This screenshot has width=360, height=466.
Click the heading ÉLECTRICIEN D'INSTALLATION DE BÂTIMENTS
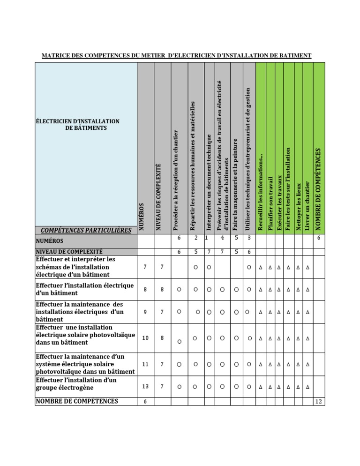pyautogui.click(x=78, y=124)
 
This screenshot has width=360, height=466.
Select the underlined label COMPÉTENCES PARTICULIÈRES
pyautogui.click(x=86, y=230)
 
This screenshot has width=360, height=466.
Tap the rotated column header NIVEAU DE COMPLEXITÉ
pyautogui.click(x=158, y=197)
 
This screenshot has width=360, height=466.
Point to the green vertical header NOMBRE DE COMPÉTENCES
pyautogui.click(x=318, y=189)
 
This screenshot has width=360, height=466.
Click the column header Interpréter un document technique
pyautogui.click(x=209, y=183)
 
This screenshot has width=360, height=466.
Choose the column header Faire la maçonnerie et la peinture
pyautogui.click(x=235, y=184)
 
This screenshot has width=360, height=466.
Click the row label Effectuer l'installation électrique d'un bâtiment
pyautogui.click(x=85, y=289)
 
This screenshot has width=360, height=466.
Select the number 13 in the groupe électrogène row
pyautogui.click(x=145, y=386)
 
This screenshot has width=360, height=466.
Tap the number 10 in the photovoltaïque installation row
pyautogui.click(x=145, y=338)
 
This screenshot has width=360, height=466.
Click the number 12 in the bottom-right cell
pyautogui.click(x=319, y=402)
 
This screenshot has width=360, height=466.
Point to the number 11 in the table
pyautogui.click(x=145, y=364)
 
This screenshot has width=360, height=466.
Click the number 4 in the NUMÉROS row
pyautogui.click(x=222, y=238)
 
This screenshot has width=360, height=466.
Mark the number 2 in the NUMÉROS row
pyautogui.click(x=195, y=238)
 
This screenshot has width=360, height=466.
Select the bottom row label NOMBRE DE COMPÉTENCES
pyautogui.click(x=77, y=401)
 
